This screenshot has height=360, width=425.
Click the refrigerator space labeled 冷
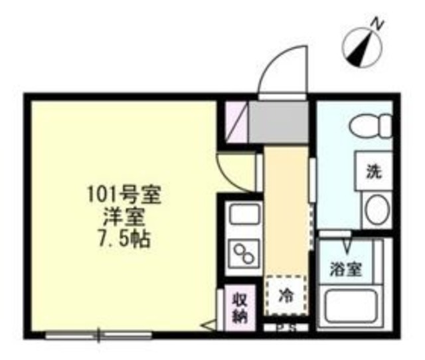click(x=285, y=293)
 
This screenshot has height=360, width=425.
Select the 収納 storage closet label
click(x=238, y=306)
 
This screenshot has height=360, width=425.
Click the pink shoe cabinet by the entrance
click(x=235, y=124)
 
